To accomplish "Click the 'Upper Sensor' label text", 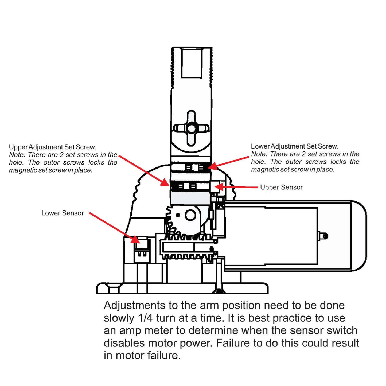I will pos(281,187).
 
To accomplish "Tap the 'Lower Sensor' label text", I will pos(63,213).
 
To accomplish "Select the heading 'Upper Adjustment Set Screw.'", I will pos(53,147).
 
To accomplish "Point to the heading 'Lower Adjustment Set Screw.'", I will pos(295,146).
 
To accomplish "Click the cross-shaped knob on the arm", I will pos(191,128).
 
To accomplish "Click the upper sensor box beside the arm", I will pos(215,186).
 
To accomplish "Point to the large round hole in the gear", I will pos(190,215).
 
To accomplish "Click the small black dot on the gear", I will pos(178,215).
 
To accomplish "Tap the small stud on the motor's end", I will pos(324,236).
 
